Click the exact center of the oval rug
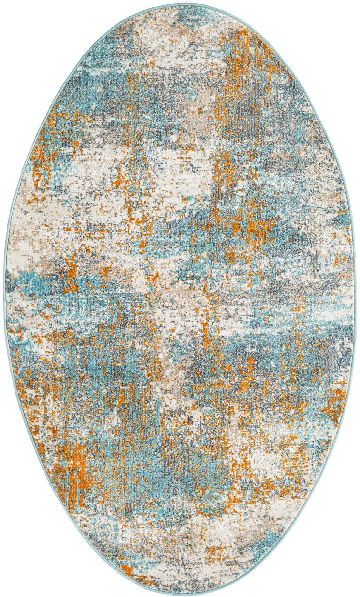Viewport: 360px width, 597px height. tap(180, 298)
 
